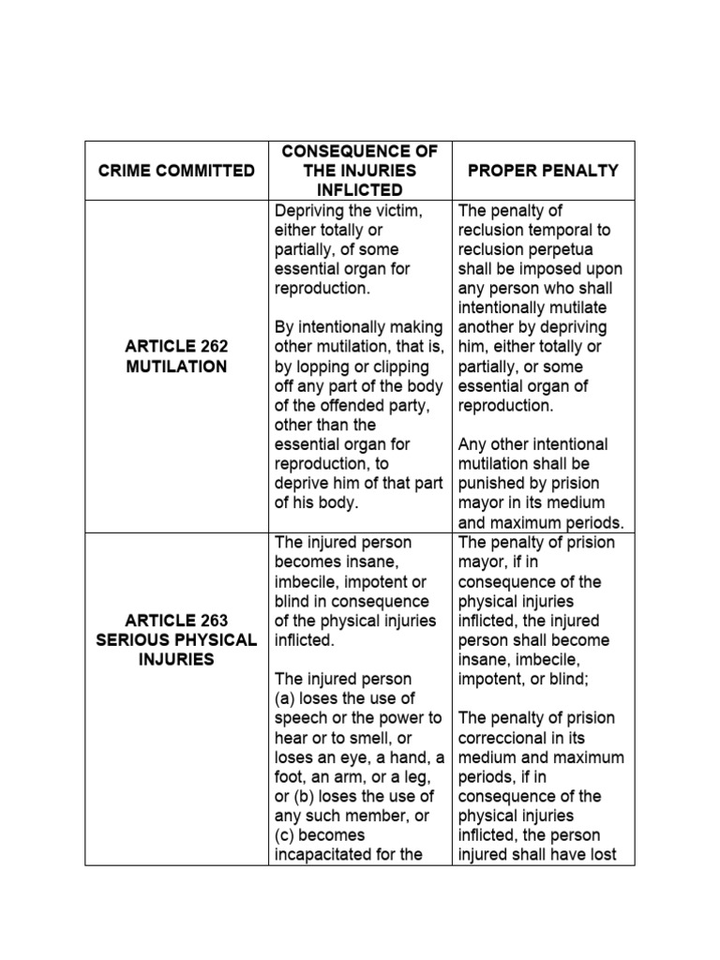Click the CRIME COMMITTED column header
click(177, 171)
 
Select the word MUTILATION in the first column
click(177, 367)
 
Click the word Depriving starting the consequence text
click(310, 211)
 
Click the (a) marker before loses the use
click(286, 698)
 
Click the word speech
click(300, 718)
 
